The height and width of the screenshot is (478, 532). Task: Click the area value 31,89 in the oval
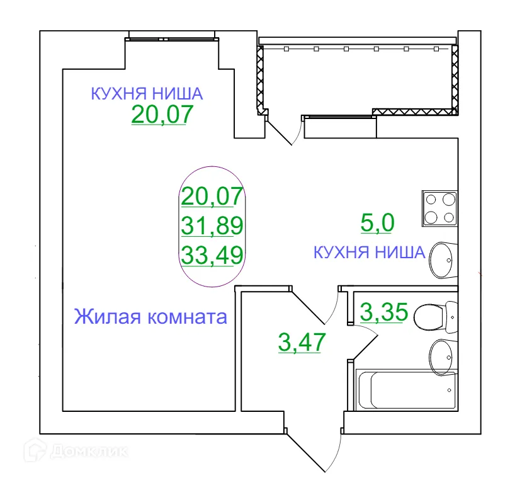coord(212,225)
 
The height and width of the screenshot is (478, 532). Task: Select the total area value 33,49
coord(212,255)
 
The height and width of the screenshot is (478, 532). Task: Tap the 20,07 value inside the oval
coord(212,196)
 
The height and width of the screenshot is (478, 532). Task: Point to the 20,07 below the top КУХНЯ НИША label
coord(161,115)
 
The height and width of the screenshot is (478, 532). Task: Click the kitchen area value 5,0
coord(376,222)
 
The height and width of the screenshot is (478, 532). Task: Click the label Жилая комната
coord(150,316)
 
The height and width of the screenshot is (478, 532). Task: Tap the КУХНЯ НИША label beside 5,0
coord(369,253)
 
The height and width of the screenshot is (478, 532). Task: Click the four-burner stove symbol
coord(439,208)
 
